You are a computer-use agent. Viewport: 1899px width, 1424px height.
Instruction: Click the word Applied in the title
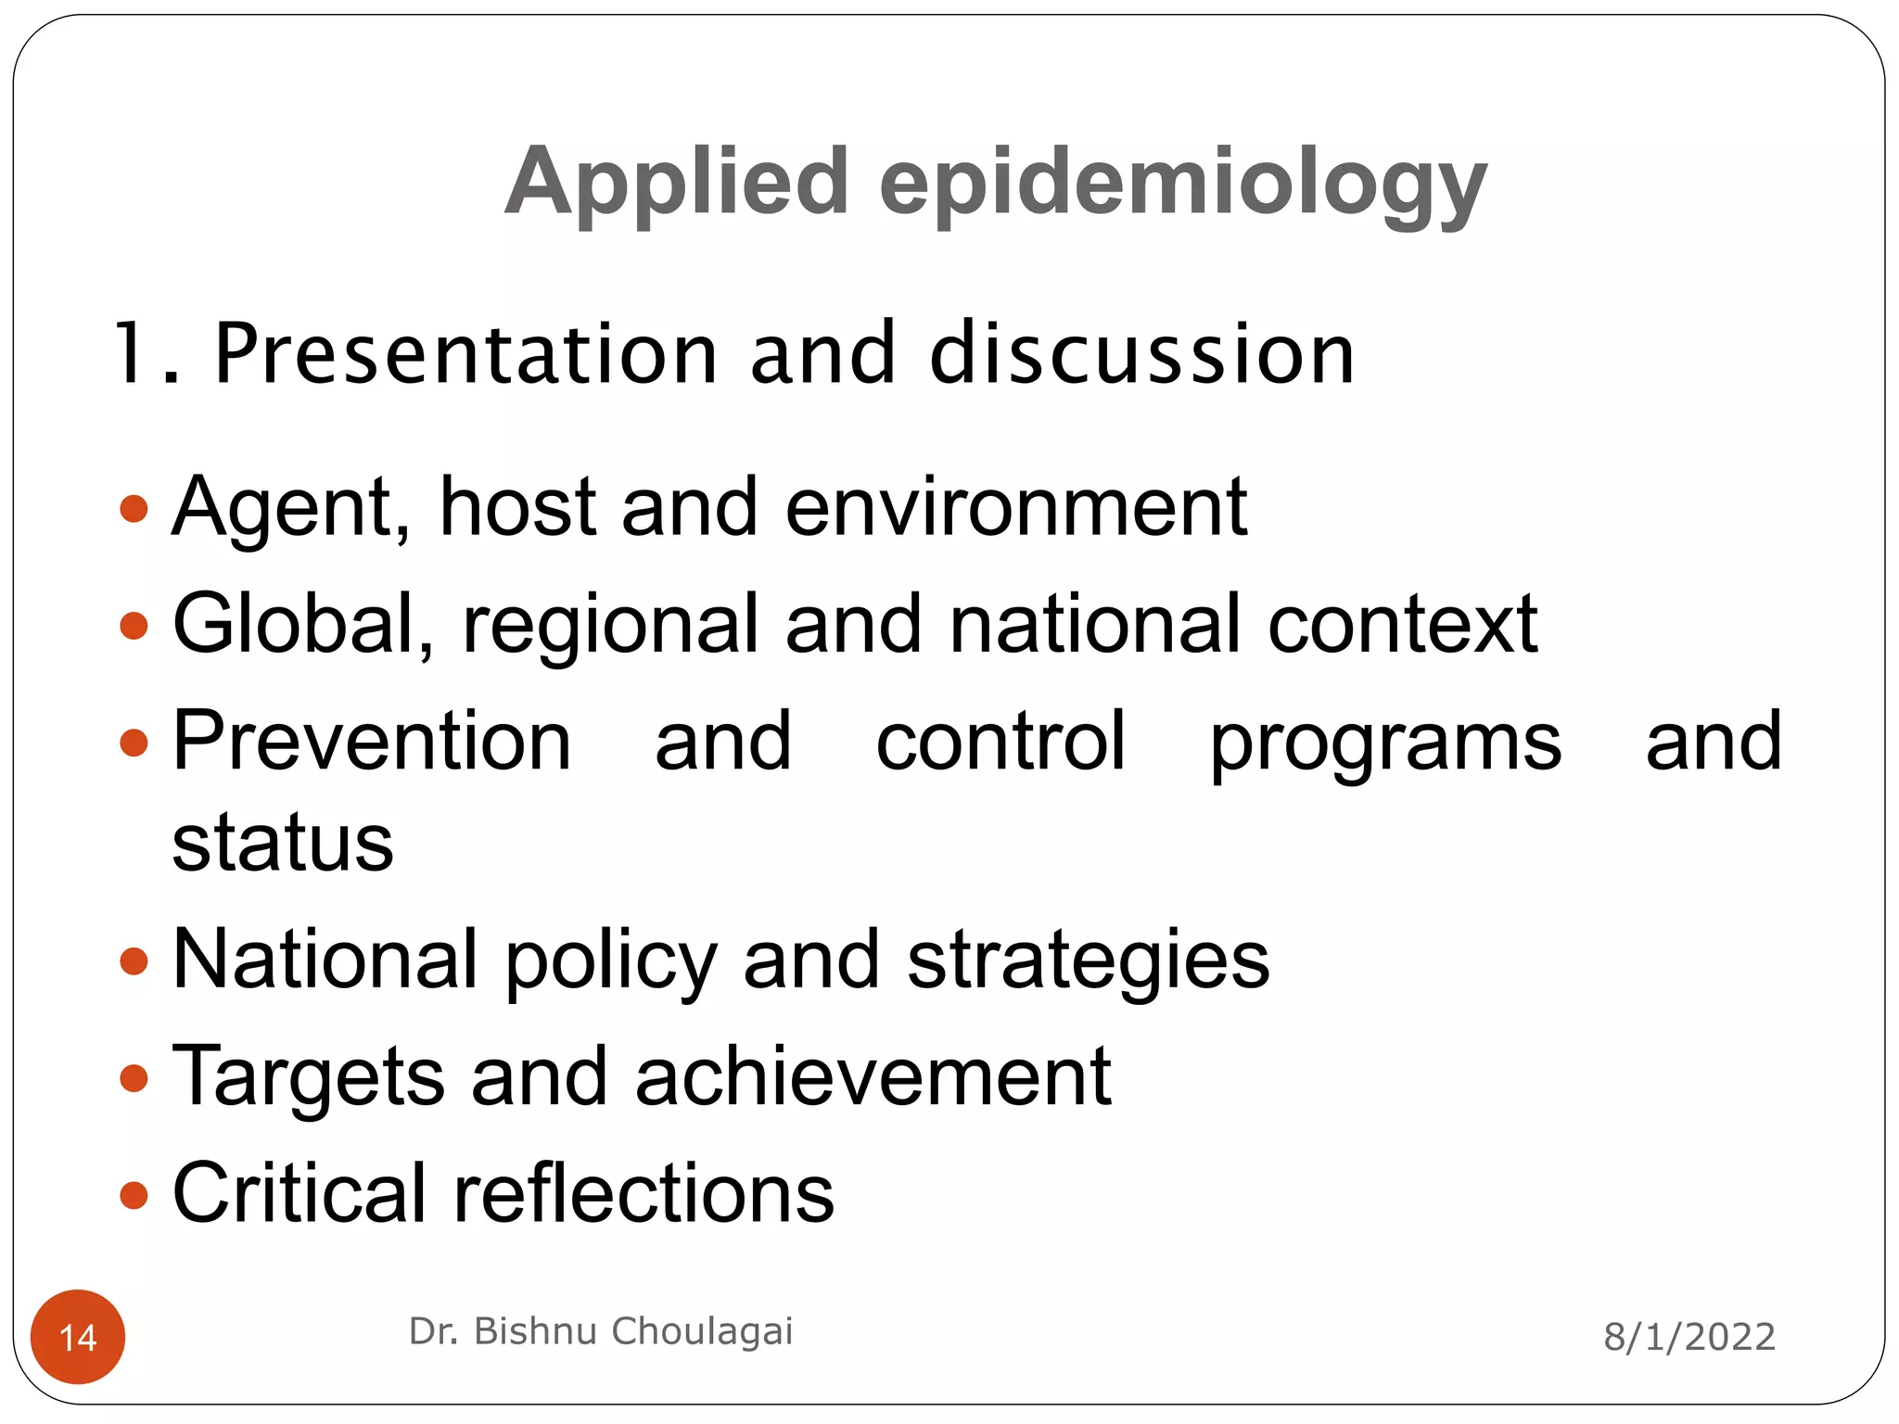coord(677,183)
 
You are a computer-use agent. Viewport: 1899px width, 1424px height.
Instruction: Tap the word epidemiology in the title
coord(1182,183)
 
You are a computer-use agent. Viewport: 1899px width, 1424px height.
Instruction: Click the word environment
coord(1015,508)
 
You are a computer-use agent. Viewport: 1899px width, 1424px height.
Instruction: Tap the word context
coord(1402,625)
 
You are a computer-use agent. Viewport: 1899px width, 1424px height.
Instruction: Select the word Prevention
coord(372,741)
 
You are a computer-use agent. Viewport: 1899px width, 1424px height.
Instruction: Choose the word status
coord(283,843)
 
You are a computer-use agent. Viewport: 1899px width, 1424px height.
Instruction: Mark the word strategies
coord(1088,961)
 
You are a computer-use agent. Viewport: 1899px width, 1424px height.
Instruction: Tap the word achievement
coord(873,1076)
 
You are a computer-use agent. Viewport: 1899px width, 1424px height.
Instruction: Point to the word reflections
coord(644,1193)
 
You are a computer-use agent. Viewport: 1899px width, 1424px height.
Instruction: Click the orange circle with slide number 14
coord(78,1336)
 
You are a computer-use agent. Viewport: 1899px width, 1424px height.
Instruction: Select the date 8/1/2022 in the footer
coord(1689,1337)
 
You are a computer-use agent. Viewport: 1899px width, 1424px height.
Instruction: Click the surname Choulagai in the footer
coord(701,1331)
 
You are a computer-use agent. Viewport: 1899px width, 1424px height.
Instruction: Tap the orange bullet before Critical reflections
coord(134,1195)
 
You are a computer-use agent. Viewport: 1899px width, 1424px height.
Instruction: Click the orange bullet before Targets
coord(134,1078)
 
